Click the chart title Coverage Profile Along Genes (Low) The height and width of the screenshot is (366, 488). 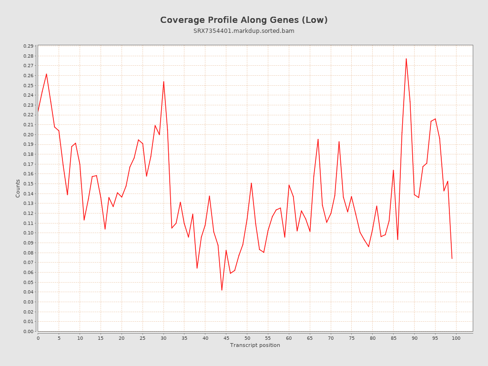click(x=244, y=20)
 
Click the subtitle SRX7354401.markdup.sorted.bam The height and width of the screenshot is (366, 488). click(x=244, y=31)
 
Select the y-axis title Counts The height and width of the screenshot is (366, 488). click(x=18, y=188)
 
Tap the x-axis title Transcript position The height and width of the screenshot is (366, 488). click(x=255, y=345)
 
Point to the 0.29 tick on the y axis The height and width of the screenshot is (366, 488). click(x=28, y=46)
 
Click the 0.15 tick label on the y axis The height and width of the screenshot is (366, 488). click(x=28, y=184)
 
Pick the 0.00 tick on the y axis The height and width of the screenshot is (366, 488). click(x=28, y=331)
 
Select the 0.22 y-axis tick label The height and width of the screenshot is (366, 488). click(x=28, y=115)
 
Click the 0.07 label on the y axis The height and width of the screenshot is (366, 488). click(x=28, y=263)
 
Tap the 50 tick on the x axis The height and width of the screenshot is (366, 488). click(x=247, y=338)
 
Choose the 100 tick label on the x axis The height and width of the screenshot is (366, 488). click(x=456, y=338)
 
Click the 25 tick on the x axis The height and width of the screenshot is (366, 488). click(x=142, y=338)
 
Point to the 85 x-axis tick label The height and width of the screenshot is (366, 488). click(x=393, y=338)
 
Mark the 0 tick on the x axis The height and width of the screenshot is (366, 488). click(x=38, y=338)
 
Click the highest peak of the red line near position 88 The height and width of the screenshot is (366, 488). click(x=406, y=59)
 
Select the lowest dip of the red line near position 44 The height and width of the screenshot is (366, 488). click(x=222, y=290)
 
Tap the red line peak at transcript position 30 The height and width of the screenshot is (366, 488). click(x=163, y=81)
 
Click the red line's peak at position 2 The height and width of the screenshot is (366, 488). click(x=46, y=74)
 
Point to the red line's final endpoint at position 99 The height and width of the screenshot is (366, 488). click(x=452, y=258)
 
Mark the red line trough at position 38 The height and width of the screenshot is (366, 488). click(x=197, y=268)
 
